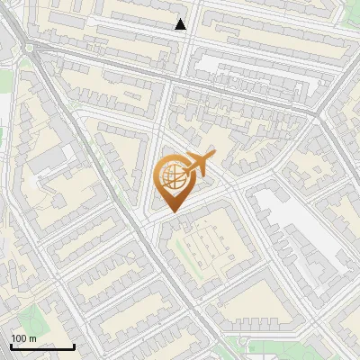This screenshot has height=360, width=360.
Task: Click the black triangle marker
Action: [181, 24]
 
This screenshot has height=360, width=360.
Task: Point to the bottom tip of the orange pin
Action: [172, 211]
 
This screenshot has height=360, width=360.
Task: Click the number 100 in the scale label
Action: [19, 338]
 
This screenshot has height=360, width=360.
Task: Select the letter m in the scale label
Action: [32, 338]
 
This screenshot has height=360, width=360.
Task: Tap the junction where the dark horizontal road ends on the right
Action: [319, 112]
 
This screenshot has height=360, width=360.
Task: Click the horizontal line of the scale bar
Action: [41, 346]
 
